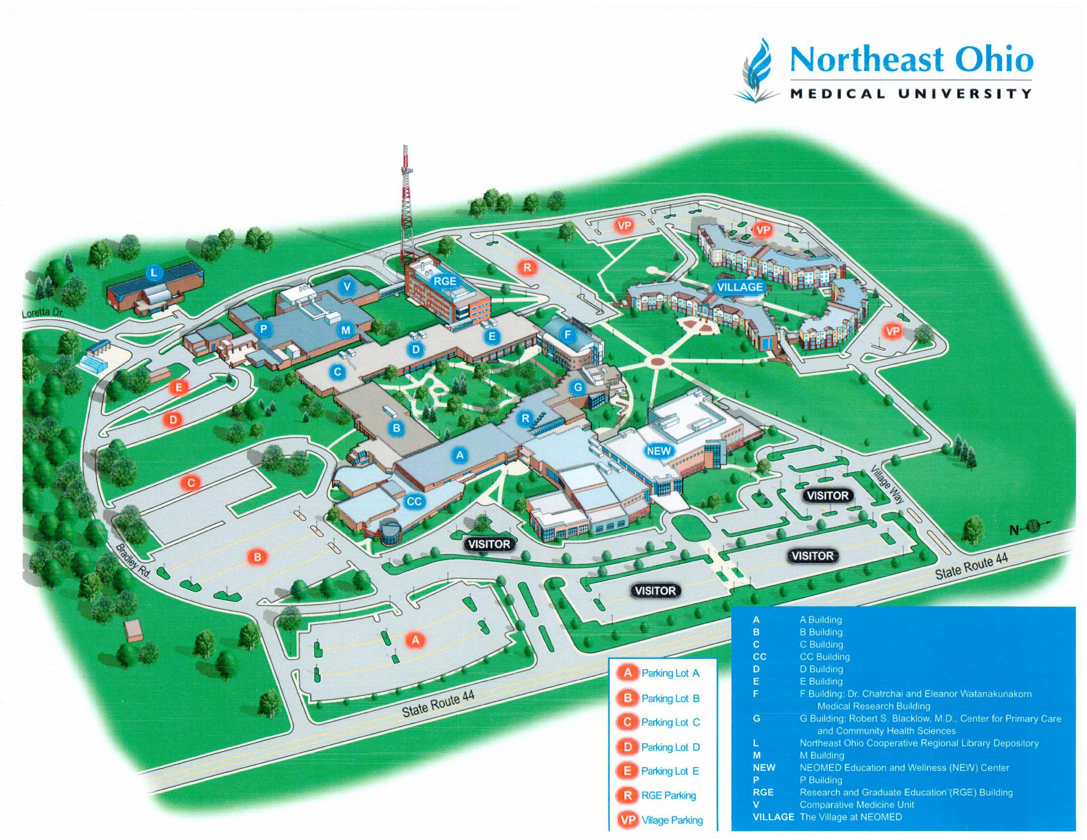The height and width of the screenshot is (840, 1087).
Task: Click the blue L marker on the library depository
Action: [154, 272]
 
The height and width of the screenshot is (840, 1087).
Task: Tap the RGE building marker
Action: [445, 281]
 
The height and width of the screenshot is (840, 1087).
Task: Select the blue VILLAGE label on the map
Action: [740, 287]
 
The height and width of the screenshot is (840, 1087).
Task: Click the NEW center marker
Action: [659, 451]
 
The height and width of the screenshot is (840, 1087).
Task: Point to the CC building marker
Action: [414, 502]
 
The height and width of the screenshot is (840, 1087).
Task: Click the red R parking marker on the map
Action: [527, 267]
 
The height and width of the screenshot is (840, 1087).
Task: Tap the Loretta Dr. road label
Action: [44, 313]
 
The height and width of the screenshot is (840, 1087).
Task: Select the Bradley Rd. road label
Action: [133, 560]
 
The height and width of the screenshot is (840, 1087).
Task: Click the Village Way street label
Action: [887, 485]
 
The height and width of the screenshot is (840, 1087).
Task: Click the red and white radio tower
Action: [407, 209]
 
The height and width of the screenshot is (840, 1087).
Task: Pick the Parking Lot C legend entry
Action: [659, 722]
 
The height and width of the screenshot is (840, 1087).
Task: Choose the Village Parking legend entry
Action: [661, 820]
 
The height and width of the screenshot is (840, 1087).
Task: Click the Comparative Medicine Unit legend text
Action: [857, 804]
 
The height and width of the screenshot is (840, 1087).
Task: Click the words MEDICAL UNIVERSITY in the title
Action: [911, 93]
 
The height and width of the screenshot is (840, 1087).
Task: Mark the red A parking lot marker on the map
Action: [416, 640]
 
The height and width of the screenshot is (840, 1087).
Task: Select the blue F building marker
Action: [567, 335]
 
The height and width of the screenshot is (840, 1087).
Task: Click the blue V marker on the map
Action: [347, 286]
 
